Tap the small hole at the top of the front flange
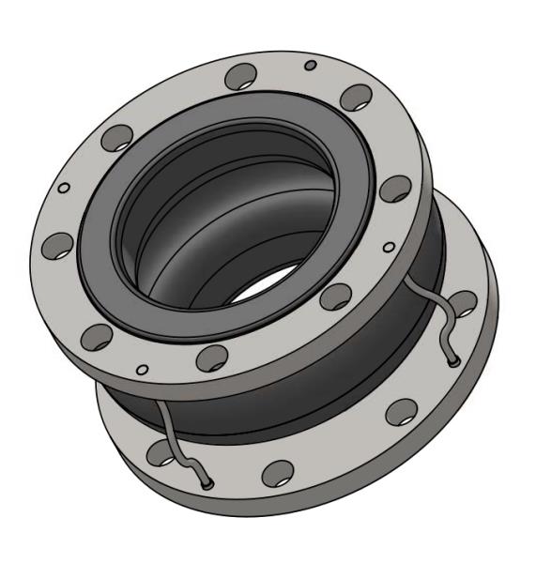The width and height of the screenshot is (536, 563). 310,65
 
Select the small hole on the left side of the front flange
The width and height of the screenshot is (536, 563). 63,188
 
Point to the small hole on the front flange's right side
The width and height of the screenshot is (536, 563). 389,247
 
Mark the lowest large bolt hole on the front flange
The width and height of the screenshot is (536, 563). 214,357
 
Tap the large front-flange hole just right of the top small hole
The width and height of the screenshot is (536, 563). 356,97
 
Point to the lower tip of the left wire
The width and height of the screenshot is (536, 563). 205,484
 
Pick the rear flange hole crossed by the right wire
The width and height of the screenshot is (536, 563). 463,302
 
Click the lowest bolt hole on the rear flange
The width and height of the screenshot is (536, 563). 277,471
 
